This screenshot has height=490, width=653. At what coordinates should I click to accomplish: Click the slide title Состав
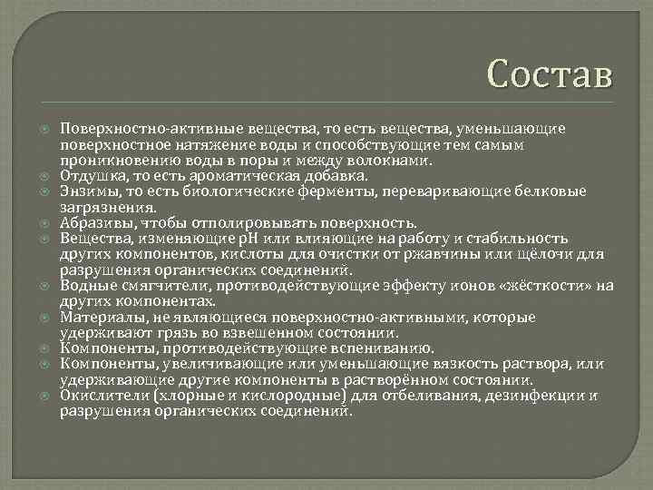(550, 73)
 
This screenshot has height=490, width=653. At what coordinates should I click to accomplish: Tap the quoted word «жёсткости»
(555, 285)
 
